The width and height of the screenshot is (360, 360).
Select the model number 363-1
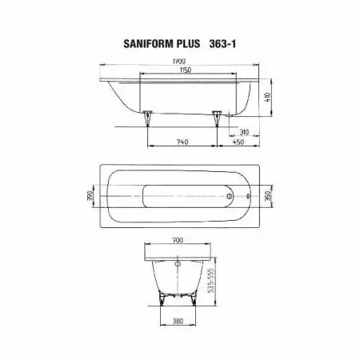[222, 43]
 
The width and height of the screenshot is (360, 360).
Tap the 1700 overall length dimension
[179, 61]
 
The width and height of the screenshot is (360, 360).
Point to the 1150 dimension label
[186, 70]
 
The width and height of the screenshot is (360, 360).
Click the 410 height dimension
[268, 97]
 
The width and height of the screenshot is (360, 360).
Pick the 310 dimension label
[244, 132]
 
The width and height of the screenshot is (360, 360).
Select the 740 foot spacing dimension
[182, 142]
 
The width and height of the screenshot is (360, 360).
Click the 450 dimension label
[238, 142]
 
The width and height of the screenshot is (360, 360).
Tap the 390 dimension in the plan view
[90, 195]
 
